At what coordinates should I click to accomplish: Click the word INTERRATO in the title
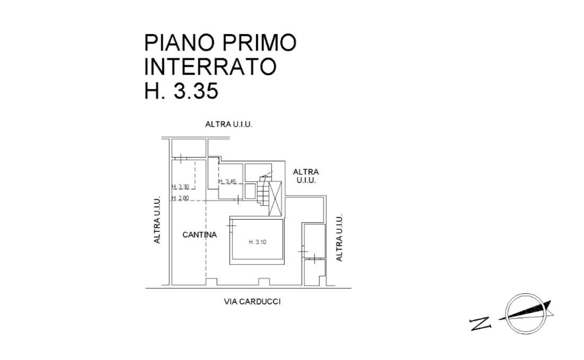pos(210,67)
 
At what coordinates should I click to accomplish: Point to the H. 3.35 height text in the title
pos(181,91)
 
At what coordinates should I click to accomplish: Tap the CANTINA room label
pos(199,235)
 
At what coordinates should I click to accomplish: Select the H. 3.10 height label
pos(257,242)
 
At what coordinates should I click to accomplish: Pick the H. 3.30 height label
pos(180,187)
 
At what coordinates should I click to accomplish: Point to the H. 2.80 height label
pos(180,198)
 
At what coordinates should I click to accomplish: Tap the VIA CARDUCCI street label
pos(252,302)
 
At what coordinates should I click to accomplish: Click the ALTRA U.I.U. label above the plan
pos(229,125)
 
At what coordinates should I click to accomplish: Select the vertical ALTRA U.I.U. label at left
pos(157,220)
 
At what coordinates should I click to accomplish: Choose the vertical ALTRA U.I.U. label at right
pos(339,238)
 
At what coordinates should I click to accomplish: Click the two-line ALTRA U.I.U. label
pos(306,175)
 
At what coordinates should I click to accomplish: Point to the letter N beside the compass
pos(479,322)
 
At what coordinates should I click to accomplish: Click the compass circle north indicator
pos(526,313)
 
